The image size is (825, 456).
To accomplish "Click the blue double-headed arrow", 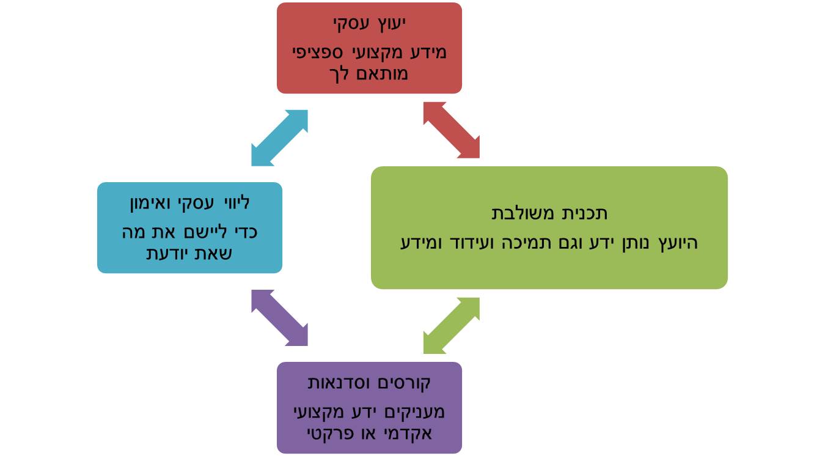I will point(279,138).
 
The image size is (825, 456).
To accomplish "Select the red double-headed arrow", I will point(452,130).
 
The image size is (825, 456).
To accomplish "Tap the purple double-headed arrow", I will point(279,318).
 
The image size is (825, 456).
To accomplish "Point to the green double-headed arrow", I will point(452,326).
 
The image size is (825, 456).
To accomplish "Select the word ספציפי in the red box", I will point(317,52).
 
